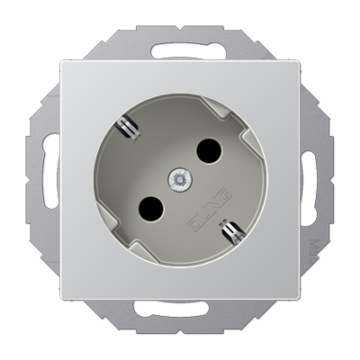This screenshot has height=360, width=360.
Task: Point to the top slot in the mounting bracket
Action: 180,39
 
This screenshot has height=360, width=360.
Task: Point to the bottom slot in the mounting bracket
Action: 180,321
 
